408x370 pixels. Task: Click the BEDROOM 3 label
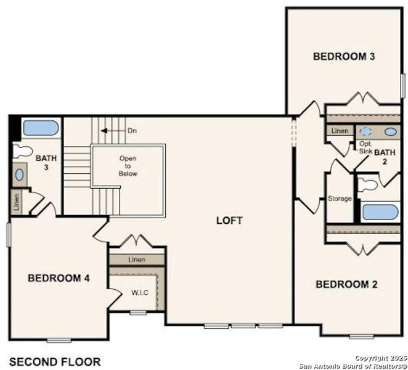(345, 57)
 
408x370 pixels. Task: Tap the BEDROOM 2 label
(346, 284)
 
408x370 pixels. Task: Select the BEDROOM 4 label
(59, 278)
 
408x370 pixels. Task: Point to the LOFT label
(229, 220)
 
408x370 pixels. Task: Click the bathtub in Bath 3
(41, 129)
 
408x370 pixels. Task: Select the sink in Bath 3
(20, 175)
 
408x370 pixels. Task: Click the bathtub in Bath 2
(380, 212)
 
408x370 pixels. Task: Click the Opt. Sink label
(365, 147)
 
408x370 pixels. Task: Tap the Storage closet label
(340, 199)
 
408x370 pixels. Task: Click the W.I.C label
(139, 292)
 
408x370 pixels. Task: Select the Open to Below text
(128, 166)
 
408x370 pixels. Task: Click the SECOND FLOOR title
(55, 361)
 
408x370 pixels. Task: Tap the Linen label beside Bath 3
(16, 202)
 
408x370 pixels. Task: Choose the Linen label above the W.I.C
(137, 260)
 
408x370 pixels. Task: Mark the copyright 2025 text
(381, 358)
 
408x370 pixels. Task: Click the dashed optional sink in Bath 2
(367, 131)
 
